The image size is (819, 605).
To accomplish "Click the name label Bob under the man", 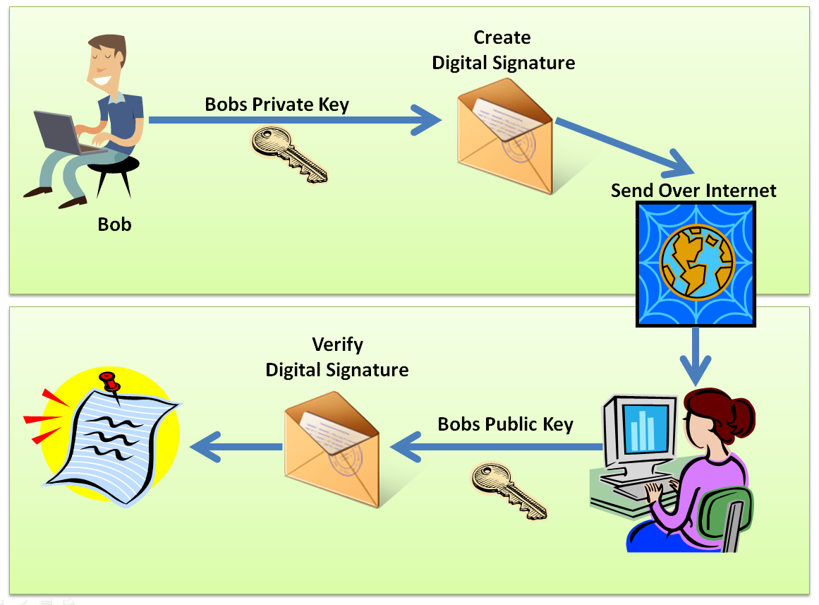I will pos(114,224).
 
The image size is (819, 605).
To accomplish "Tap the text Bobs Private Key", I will pos(277,104).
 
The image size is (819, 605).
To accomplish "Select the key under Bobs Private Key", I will pos(290,153).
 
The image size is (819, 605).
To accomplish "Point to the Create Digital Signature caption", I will pos(503,50).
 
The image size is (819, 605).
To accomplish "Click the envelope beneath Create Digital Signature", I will pos(504,137).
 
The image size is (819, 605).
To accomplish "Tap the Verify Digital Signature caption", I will pos(336,357).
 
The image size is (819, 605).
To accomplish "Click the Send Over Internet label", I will pos(693,190).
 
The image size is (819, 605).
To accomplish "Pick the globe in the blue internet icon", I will pos(696,262).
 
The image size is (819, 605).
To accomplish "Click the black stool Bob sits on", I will pos(113,172).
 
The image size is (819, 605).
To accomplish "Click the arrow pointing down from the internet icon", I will pos(695,356).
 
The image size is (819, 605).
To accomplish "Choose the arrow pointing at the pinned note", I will pos(236,446).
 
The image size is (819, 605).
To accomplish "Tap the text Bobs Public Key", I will pos(505,424).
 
